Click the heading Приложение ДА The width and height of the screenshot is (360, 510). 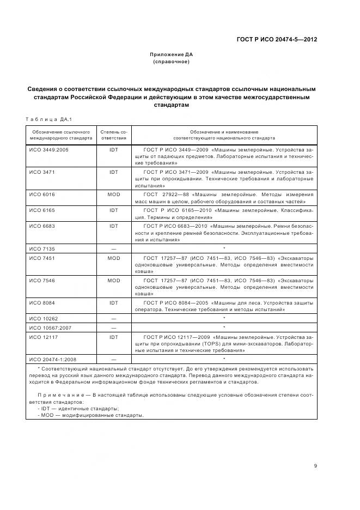[x=171, y=54]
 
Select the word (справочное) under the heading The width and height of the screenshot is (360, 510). [x=171, y=62]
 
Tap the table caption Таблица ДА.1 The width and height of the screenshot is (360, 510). [x=49, y=119]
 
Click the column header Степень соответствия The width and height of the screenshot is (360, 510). [x=113, y=135]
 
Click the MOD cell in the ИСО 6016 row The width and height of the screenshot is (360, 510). [x=113, y=195]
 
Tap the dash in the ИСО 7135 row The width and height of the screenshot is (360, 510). [x=113, y=248]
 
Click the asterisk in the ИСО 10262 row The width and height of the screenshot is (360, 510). [x=224, y=318]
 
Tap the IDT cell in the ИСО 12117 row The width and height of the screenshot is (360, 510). [x=113, y=337]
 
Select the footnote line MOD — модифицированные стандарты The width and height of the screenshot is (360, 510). [x=90, y=415]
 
